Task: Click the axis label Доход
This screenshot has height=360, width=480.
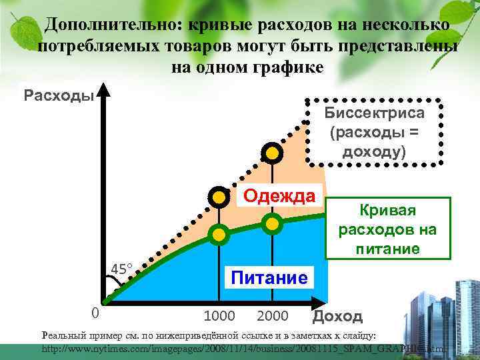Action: click(x=337, y=316)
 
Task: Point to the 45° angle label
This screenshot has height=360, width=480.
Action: click(x=121, y=269)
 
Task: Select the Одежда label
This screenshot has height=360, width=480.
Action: click(x=279, y=196)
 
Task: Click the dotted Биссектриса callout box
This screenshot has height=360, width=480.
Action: click(x=373, y=132)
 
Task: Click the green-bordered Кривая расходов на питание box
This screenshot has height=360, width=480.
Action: click(x=387, y=229)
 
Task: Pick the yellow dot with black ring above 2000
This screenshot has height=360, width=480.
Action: click(x=271, y=153)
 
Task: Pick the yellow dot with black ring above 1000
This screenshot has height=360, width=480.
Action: click(x=218, y=196)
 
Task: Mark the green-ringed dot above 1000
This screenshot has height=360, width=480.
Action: click(x=218, y=233)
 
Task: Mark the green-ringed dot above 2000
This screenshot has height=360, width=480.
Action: click(x=271, y=223)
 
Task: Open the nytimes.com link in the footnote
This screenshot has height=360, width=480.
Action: click(x=240, y=349)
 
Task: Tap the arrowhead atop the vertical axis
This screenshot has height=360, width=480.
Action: click(x=104, y=89)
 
